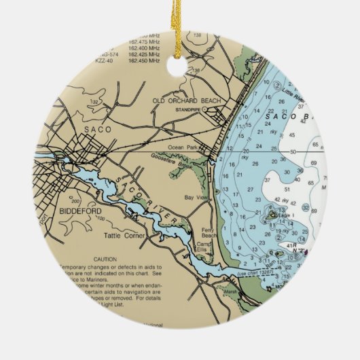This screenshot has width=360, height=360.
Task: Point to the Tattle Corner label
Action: tap(120, 236)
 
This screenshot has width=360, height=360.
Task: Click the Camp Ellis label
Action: tap(205, 247)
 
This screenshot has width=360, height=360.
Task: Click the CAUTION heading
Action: tap(105, 259)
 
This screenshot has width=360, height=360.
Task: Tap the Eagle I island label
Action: tap(284, 216)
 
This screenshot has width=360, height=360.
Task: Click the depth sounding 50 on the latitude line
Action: tap(293, 152)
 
